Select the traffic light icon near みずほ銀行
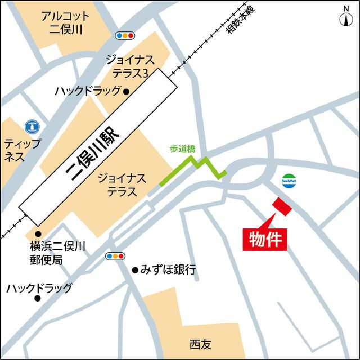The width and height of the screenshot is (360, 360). click(115, 256)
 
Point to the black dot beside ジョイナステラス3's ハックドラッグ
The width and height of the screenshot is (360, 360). click(127, 91)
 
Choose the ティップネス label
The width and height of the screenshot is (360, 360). click(22, 150)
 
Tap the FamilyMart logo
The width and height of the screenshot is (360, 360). click(290, 179)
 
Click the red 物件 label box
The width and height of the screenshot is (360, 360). click(265, 238)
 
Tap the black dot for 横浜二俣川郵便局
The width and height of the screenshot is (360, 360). click(38, 233)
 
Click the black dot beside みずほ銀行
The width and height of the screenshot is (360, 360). click(135, 270)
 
